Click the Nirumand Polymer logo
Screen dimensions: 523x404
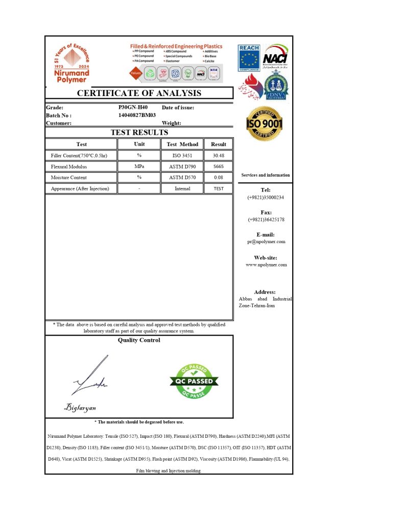[x=72, y=63]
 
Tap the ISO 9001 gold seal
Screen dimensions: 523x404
[x=264, y=124]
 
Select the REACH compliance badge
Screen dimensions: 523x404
[x=249, y=58]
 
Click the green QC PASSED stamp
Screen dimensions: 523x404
[x=194, y=381]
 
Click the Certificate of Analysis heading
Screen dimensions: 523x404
[x=139, y=93]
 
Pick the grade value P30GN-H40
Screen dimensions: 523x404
[x=133, y=108]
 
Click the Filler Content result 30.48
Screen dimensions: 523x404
[x=219, y=155]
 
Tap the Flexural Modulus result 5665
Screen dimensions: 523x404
[x=219, y=167]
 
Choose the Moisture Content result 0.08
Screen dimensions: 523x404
[x=219, y=178]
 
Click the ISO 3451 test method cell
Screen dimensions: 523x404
[x=182, y=155]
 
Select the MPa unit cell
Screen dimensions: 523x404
[x=139, y=167]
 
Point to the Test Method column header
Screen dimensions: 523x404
[x=182, y=144]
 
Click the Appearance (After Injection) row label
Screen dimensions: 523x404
[x=80, y=188]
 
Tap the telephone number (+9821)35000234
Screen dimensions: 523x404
[x=266, y=197]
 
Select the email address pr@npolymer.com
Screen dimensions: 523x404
[x=266, y=242]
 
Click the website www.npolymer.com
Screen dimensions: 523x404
[x=266, y=265]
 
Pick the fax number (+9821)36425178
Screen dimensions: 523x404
[x=266, y=220]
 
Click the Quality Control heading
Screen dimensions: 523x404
[x=139, y=340]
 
